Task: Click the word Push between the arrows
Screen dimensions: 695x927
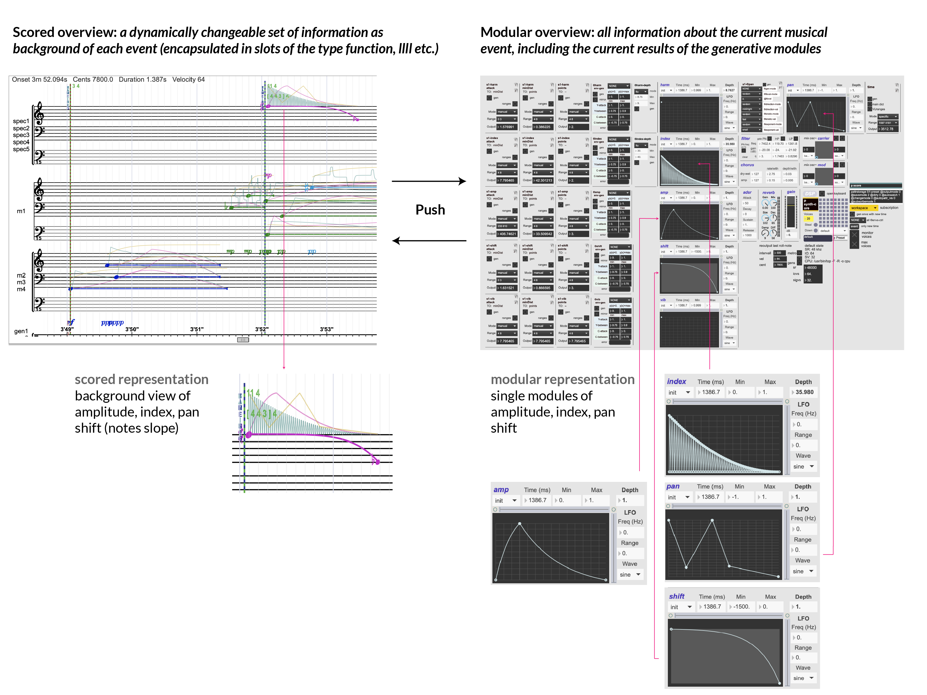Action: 430,210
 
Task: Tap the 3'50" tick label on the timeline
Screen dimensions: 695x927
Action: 132,329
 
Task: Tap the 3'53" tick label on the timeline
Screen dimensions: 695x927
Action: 326,329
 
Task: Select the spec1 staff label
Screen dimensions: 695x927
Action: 21,121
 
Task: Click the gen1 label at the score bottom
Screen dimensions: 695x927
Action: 21,331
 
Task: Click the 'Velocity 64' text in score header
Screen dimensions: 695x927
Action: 189,79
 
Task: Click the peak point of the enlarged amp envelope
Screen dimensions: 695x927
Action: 520,524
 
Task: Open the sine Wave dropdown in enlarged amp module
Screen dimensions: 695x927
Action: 630,574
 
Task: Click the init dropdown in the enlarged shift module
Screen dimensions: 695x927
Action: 681,607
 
